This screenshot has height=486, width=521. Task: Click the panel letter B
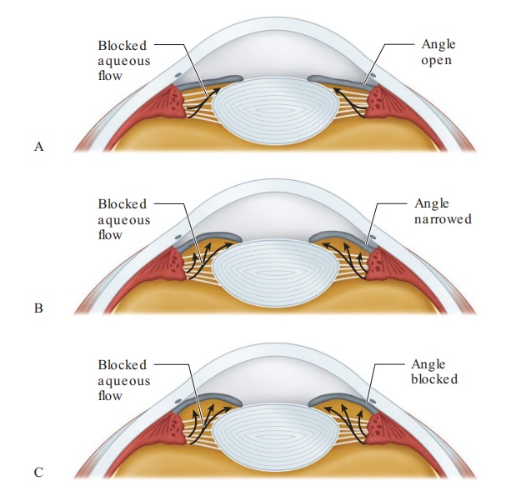(x=38, y=308)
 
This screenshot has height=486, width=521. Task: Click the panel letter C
(x=38, y=473)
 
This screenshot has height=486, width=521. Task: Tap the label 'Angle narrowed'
(x=442, y=212)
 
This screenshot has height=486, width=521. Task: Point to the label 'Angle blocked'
(x=434, y=372)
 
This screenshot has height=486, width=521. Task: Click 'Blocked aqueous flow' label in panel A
(x=122, y=60)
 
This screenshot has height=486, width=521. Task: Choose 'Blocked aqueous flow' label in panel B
(x=123, y=219)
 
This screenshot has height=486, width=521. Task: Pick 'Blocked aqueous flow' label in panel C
(x=123, y=380)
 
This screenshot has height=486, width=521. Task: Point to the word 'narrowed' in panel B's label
(x=442, y=219)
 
